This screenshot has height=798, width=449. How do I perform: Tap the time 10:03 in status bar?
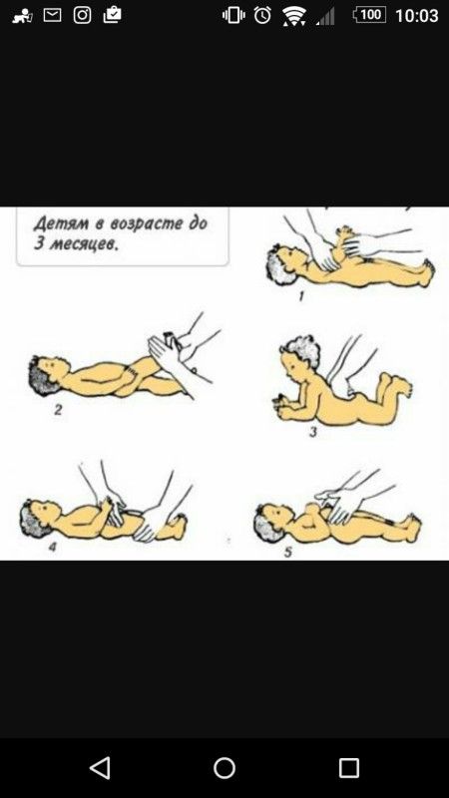point(416,15)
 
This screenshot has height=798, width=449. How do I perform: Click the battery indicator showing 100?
point(369,15)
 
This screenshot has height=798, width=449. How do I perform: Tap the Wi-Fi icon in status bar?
point(294,16)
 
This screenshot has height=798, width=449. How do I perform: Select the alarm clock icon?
point(262,15)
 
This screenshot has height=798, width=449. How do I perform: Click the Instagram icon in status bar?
point(82,15)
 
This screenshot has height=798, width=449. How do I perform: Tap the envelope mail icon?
point(52,15)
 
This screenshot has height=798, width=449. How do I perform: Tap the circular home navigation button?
point(224,767)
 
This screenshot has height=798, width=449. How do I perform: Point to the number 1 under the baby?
point(301,296)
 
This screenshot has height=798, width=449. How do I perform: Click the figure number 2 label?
point(58,409)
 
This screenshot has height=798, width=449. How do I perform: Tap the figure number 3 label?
point(313,432)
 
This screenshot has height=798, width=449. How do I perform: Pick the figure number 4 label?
point(52,548)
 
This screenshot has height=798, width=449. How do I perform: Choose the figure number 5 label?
point(288,552)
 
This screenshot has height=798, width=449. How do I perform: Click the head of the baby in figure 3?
point(300,356)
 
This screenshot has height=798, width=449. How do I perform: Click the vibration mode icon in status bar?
point(233,15)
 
